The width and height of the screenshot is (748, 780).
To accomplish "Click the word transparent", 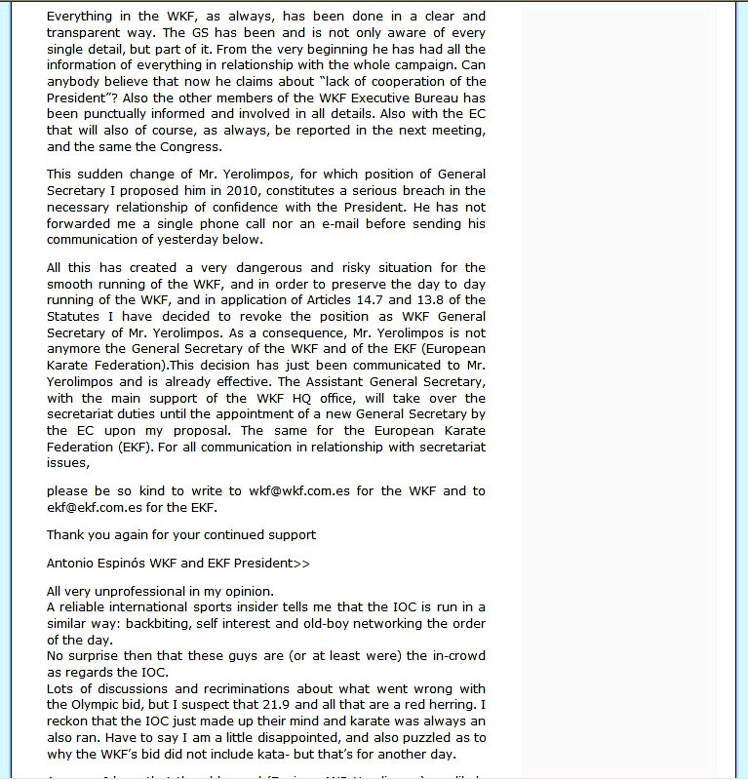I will (x=86, y=32).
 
